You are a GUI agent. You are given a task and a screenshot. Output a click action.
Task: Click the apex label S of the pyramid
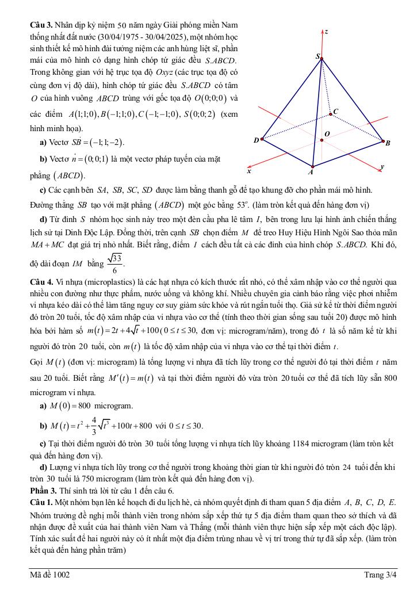point(317,56)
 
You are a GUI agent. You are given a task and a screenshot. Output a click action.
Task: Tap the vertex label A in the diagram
point(311,171)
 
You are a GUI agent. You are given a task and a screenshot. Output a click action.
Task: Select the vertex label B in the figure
point(388,143)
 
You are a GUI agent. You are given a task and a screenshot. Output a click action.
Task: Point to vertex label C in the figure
point(336,111)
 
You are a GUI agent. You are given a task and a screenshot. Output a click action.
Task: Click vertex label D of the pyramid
point(256,140)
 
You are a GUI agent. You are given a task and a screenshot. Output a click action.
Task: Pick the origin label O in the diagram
point(327,134)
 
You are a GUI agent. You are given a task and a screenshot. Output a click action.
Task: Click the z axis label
point(327,32)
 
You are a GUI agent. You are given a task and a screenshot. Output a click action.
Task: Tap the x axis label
point(248,171)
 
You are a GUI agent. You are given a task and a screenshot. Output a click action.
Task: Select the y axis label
point(382,167)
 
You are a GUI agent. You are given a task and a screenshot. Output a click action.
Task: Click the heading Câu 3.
point(41,26)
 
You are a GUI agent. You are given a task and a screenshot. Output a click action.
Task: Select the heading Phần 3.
point(43,491)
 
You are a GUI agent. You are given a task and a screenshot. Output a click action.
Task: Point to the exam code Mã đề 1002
point(51,575)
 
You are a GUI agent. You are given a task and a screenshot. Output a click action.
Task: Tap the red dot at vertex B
point(383,140)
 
